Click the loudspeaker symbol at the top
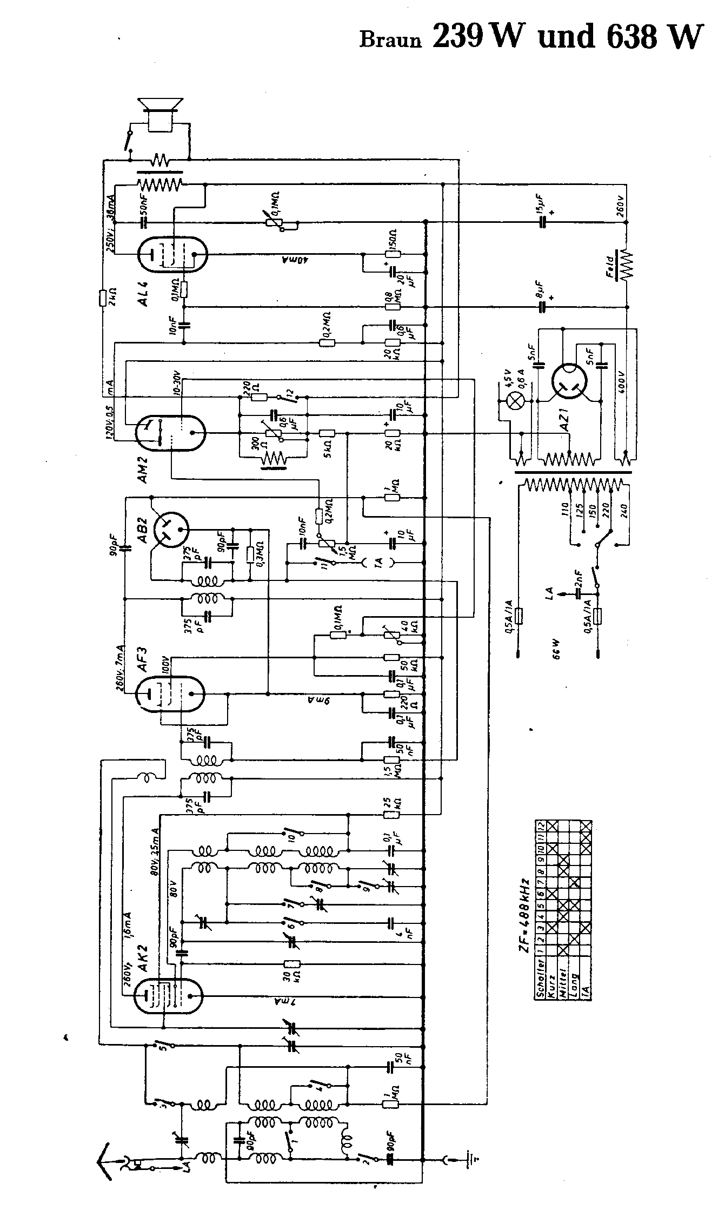161,112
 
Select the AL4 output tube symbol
173,255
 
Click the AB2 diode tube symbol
171,528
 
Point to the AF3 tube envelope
170,693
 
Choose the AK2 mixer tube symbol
170,995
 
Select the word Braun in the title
390,40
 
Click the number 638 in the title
633,36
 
